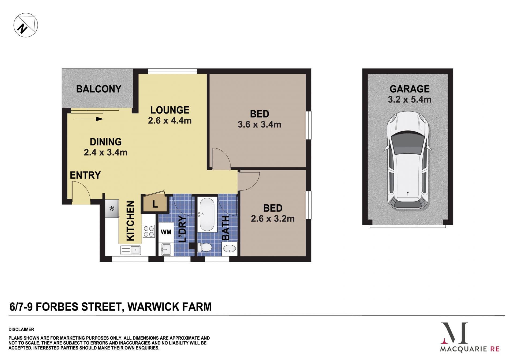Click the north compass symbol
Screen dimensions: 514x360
coord(26,25)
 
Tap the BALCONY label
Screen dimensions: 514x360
coord(99,89)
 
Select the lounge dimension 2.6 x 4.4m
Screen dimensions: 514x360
coord(170,121)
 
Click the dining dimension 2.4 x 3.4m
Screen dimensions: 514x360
coord(105,152)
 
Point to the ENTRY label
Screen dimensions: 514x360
coord(85,175)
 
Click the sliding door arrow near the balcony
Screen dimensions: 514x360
coord(89,119)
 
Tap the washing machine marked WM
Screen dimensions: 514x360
coord(166,232)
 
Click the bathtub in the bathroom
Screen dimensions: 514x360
coord(207,214)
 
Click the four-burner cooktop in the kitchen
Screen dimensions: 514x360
coord(149,231)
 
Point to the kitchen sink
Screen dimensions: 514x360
coord(131,250)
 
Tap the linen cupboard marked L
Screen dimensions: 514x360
coord(155,204)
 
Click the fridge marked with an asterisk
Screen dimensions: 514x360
coord(112,208)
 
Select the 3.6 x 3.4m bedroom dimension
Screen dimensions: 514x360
coord(259,125)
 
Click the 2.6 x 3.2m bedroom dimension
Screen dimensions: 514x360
coord(273,219)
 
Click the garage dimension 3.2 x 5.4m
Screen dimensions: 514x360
coord(410,100)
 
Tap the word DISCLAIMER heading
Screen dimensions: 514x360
coord(21,329)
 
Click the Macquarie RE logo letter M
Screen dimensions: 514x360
coord(454,333)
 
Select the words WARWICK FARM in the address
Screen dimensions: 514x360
coord(169,307)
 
